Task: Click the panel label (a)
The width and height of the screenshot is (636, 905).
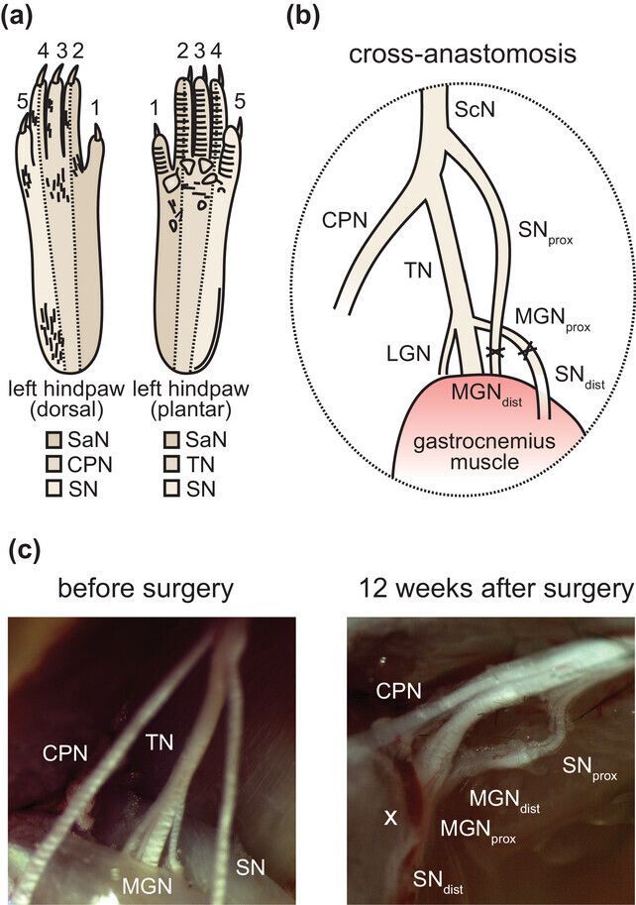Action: [23, 17]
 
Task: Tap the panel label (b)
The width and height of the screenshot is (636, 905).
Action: [304, 17]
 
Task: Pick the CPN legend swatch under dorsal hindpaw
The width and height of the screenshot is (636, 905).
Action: [55, 463]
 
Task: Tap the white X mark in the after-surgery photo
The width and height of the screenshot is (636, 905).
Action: [390, 817]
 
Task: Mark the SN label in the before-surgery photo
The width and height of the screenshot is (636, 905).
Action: [251, 866]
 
